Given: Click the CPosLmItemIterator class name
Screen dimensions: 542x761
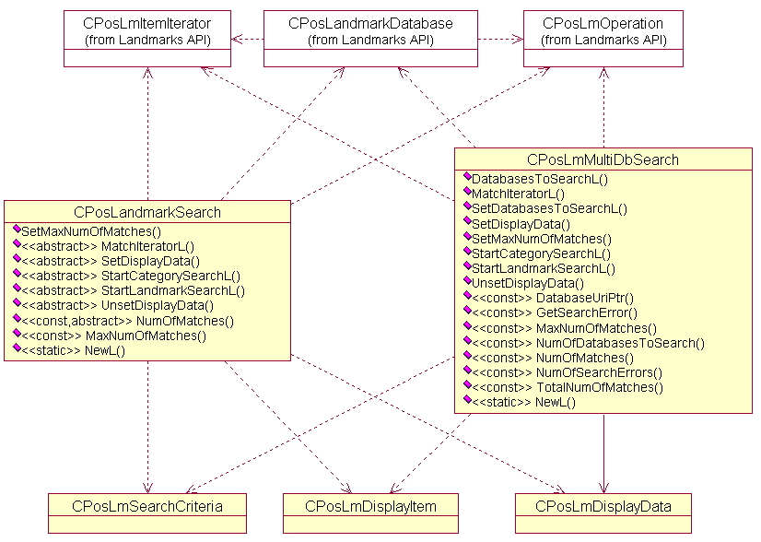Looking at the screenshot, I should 146,22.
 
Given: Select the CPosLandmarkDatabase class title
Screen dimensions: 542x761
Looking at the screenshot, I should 370,22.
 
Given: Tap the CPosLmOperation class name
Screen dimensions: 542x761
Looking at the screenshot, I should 603,22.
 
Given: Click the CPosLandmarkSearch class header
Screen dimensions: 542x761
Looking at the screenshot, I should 147,212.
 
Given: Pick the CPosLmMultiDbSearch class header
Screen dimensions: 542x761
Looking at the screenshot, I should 603,159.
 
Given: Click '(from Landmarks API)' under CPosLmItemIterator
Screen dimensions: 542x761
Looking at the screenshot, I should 146,40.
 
